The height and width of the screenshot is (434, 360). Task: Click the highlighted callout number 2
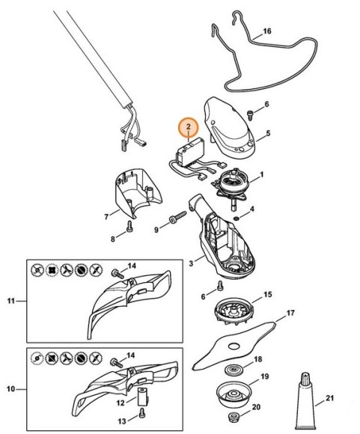189,127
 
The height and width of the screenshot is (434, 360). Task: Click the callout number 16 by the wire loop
266,31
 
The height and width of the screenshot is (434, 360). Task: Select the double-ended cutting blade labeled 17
234,346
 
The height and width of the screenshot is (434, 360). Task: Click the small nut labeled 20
232,417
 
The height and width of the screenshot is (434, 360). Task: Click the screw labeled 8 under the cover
129,226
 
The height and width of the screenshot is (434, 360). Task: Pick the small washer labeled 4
237,218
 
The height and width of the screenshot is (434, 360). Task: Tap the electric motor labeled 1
232,186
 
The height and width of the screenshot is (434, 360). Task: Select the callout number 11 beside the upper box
11,300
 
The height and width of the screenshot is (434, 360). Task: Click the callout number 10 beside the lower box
11,389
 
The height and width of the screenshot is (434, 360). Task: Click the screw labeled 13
141,412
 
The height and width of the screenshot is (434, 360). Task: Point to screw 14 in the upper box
118,273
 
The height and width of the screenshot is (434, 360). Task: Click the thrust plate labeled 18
234,370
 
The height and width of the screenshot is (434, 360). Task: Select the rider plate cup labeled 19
234,394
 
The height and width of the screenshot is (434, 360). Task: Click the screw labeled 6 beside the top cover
250,114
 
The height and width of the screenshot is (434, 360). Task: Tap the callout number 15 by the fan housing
267,294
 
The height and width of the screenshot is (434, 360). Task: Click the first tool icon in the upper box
37,269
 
